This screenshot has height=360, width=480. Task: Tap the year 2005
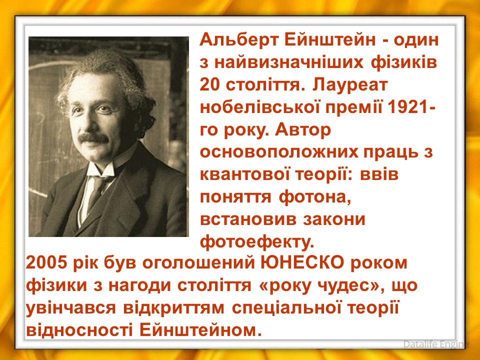[46, 263]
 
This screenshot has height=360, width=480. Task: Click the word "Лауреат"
[350, 85]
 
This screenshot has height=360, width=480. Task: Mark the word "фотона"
[314, 198]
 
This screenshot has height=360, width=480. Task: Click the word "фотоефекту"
[257, 242]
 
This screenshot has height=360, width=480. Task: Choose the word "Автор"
[303, 130]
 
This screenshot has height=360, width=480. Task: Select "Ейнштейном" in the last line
[198, 330]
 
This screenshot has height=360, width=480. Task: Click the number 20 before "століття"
[210, 85]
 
